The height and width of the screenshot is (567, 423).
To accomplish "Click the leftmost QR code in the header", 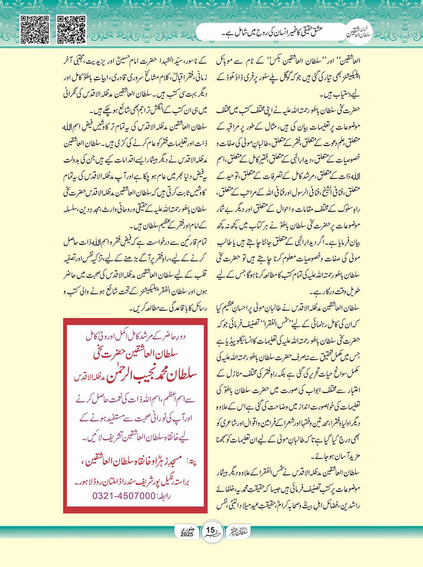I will point(35,30).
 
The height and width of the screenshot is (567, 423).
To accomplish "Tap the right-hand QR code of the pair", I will point(71,30).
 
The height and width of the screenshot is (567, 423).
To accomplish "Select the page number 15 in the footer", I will point(210,530).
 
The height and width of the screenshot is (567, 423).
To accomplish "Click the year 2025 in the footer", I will point(187,534).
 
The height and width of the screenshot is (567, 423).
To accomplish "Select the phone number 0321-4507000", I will point(124,496).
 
